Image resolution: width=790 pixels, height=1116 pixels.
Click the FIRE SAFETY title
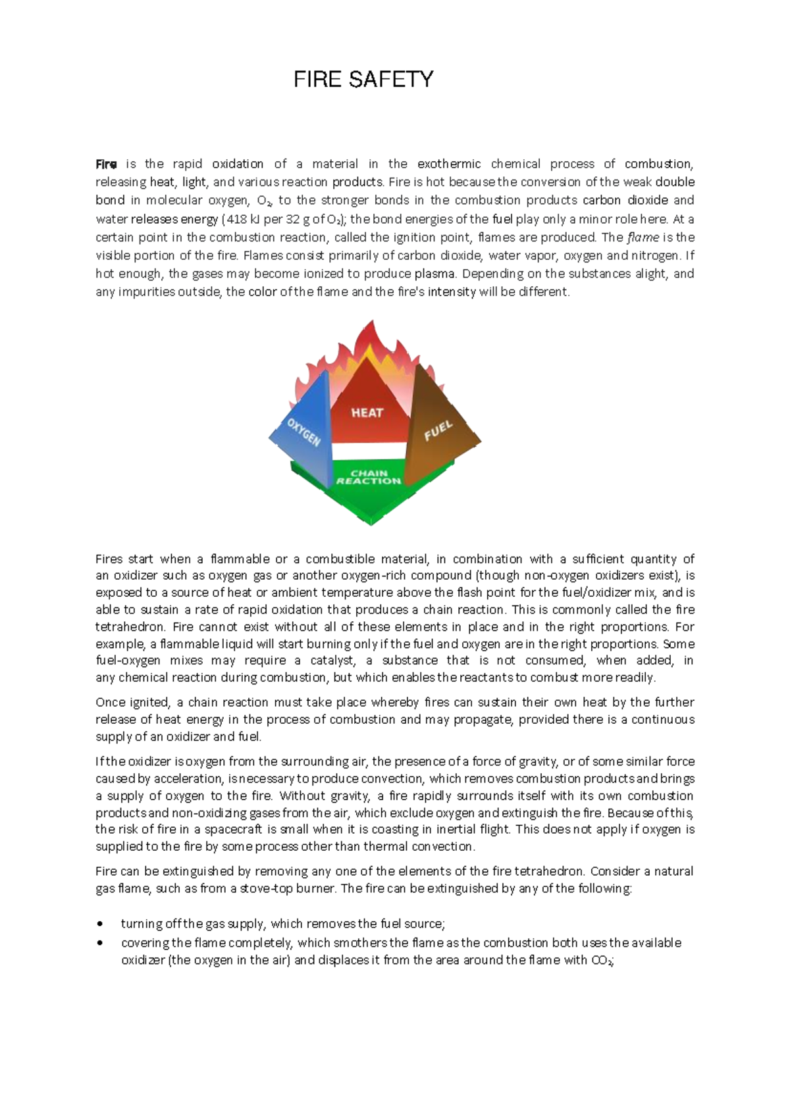[x=363, y=80]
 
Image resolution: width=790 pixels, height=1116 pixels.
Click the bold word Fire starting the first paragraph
[x=106, y=164]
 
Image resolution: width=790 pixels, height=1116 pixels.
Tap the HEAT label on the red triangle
[x=367, y=413]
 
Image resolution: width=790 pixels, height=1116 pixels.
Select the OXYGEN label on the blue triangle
[x=303, y=432]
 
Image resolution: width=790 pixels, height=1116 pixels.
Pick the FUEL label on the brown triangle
[x=438, y=431]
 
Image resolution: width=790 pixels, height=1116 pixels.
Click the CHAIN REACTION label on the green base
[x=369, y=477]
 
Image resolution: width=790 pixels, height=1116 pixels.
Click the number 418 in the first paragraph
[x=236, y=219]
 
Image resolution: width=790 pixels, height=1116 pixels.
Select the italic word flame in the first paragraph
[x=643, y=237]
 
